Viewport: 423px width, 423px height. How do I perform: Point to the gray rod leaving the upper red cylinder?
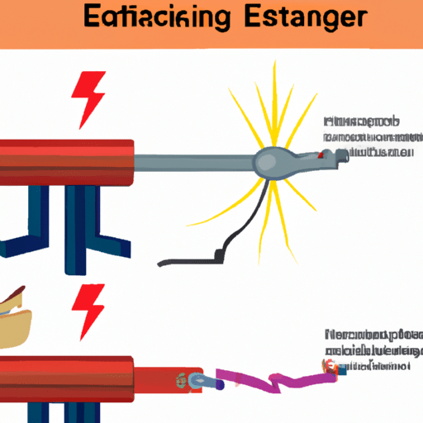pyautogui.click(x=198, y=161)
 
